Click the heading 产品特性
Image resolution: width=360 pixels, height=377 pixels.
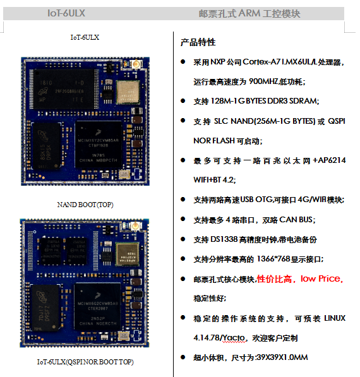(x=198, y=42)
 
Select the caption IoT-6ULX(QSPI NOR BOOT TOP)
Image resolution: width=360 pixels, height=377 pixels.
(x=85, y=362)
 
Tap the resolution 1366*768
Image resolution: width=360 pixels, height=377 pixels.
(x=273, y=259)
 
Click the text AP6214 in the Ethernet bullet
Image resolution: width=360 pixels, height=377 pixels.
(x=332, y=160)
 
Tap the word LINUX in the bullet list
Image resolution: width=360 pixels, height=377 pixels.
(x=335, y=318)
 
